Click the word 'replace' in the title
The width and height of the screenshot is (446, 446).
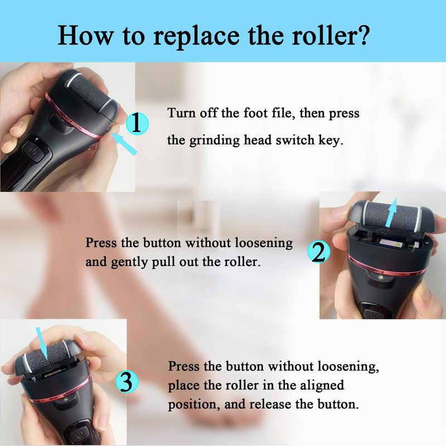pyautogui.click(x=196, y=36)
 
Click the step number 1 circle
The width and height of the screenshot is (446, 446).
pyautogui.click(x=137, y=123)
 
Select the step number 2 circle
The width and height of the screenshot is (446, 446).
pyautogui.click(x=319, y=252)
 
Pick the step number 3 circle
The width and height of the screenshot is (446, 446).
pyautogui.click(x=127, y=381)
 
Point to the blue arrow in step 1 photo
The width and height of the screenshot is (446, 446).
pyautogui.click(x=124, y=144)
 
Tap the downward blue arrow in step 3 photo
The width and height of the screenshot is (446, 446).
pyautogui.click(x=41, y=344)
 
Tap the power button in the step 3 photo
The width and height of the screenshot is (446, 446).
pyautogui.click(x=80, y=434)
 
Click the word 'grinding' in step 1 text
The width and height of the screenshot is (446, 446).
pyautogui.click(x=215, y=140)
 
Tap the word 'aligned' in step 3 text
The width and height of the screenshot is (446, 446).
pyautogui.click(x=322, y=385)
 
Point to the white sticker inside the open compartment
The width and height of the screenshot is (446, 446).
pyautogui.click(x=392, y=243)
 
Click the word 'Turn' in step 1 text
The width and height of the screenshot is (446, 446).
pyautogui.click(x=181, y=113)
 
